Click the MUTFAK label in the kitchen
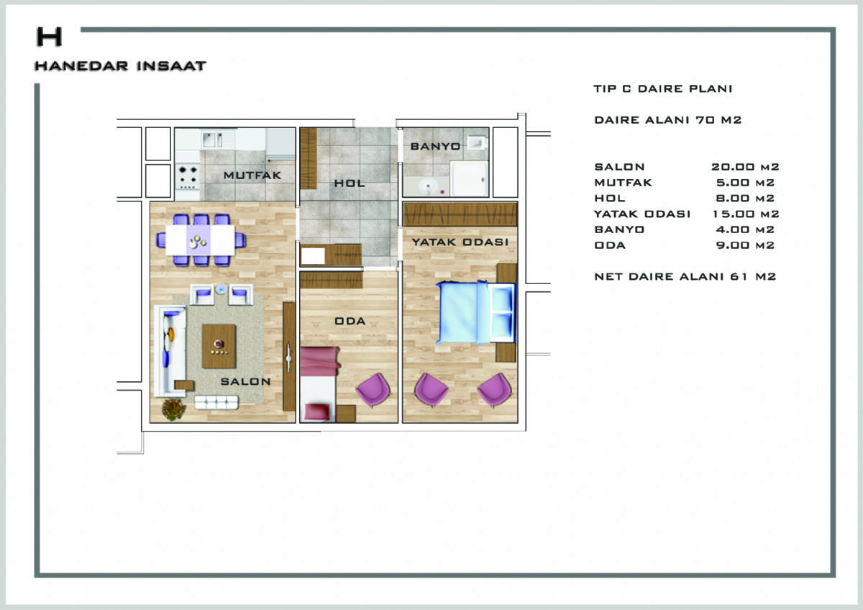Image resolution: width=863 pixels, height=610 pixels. point(252,176)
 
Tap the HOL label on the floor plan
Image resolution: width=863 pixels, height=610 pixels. point(350,183)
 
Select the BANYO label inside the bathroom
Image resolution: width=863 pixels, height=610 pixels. point(435,147)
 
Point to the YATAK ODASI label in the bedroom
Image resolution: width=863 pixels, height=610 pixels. point(460,242)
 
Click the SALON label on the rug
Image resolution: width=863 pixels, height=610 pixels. point(245,381)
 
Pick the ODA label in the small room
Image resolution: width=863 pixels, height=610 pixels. point(350,321)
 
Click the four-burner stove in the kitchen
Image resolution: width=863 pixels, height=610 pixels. point(188,177)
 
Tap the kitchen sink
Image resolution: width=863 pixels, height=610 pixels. point(212,140)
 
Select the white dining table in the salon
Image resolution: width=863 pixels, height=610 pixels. point(201,240)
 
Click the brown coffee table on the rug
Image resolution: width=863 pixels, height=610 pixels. point(219,346)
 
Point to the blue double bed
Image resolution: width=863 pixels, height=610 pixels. point(476,312)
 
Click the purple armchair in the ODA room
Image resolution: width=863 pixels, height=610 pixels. point(373,390)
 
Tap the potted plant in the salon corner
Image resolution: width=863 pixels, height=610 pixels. point(174,409)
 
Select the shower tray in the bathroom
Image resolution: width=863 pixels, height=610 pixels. point(469,179)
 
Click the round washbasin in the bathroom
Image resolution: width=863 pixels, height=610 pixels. point(428,188)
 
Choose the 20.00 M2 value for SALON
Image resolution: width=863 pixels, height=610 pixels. point(745,167)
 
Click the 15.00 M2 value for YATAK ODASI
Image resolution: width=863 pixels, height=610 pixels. point(746,214)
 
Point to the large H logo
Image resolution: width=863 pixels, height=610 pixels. point(50,37)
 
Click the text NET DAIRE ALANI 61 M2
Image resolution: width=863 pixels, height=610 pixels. point(685,277)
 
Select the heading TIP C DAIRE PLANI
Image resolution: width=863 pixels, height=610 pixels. point(662,88)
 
